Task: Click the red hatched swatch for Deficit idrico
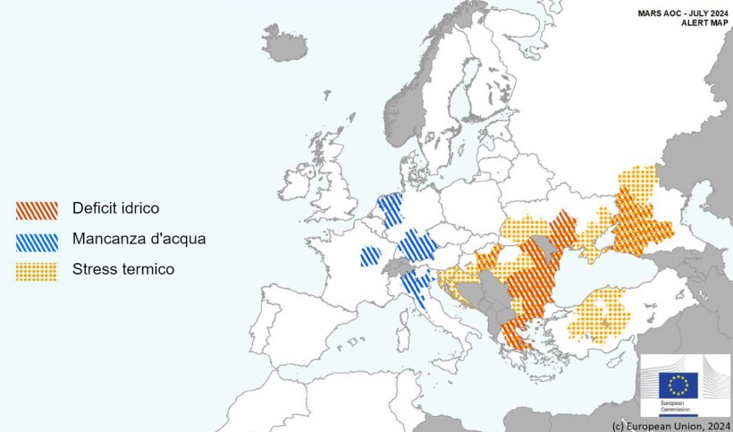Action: click(37, 210)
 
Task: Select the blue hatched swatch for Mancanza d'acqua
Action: click(37, 241)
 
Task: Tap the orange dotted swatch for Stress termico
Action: click(37, 271)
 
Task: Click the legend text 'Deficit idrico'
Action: click(115, 208)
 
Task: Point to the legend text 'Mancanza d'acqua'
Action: click(139, 239)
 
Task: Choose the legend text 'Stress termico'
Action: click(123, 268)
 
